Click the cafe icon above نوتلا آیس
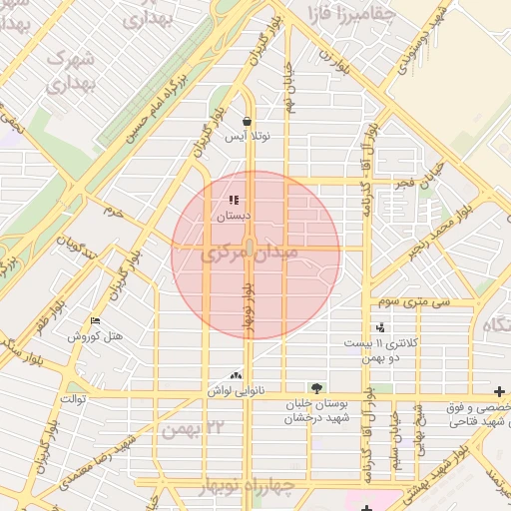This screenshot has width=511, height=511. (x=247, y=122)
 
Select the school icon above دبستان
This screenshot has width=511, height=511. (x=234, y=201)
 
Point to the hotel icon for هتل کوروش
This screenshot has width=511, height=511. (x=96, y=320)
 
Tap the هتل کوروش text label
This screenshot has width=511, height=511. (x=95, y=336)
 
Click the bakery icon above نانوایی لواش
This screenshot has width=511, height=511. (x=236, y=375)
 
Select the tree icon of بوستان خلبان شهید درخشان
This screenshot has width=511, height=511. (x=316, y=386)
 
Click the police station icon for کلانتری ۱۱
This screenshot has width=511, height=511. (x=379, y=326)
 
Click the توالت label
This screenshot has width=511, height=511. (x=76, y=400)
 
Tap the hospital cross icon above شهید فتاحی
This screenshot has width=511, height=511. (x=499, y=390)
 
